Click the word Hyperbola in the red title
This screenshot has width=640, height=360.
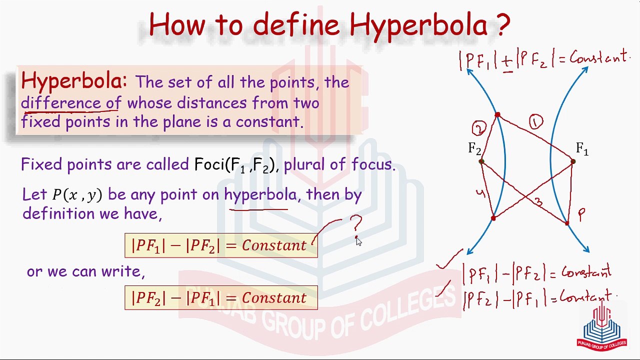(x=418, y=25)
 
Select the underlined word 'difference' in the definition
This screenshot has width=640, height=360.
(x=61, y=102)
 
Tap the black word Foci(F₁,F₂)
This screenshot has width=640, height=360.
(x=234, y=165)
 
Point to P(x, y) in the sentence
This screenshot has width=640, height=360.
(x=77, y=195)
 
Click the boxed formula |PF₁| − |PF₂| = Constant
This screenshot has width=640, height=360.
(x=221, y=245)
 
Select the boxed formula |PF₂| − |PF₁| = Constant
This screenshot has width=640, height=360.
(x=221, y=297)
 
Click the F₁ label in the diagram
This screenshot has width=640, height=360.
(x=582, y=149)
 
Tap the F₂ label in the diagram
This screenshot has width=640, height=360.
(x=474, y=149)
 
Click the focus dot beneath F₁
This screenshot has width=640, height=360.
(x=573, y=161)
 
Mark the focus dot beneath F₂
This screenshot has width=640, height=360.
(x=481, y=161)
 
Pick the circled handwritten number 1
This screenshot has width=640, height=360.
(x=536, y=122)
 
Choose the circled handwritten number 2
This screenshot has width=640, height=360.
(x=478, y=128)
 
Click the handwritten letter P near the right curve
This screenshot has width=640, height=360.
(x=581, y=214)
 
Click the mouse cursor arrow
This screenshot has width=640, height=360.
(x=359, y=241)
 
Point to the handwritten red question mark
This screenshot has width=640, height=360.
(x=356, y=223)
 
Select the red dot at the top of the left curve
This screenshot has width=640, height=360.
(x=497, y=115)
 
